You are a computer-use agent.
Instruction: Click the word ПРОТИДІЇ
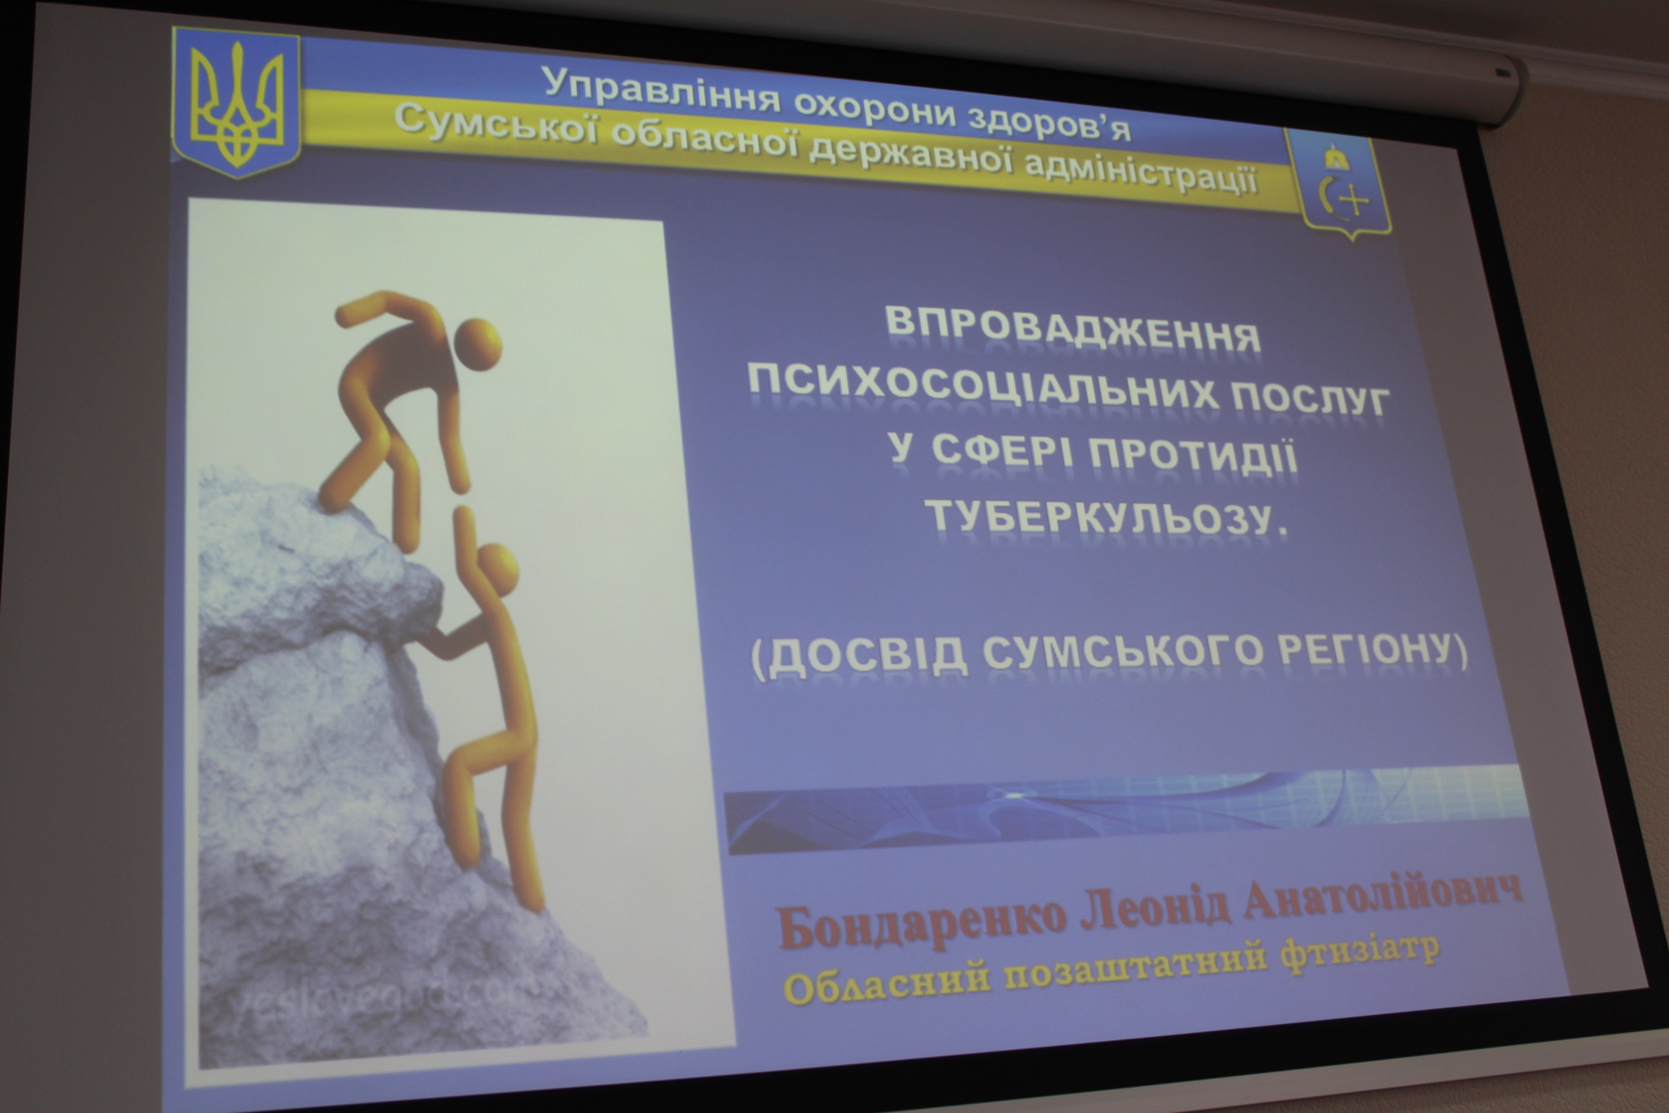pos(1194,457)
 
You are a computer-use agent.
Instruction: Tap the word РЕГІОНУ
pos(1372,647)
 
